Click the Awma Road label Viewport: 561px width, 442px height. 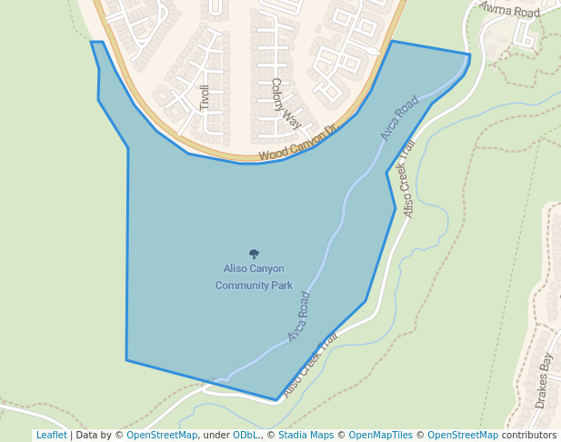509,10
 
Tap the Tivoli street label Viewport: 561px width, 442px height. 205,97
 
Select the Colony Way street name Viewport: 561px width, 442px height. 285,102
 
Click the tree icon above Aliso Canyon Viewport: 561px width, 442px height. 254,255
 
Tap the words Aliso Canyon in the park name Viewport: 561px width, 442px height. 254,268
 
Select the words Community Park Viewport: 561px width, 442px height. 254,285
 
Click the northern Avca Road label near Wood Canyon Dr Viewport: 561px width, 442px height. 399,117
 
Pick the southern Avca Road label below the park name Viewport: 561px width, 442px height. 299,316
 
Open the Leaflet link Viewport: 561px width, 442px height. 51,435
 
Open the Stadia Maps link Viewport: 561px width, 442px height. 306,435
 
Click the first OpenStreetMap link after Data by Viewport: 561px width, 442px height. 162,435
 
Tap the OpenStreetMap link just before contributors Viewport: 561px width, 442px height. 463,435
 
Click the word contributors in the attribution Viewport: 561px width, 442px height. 529,435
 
